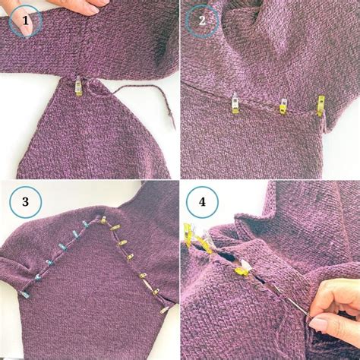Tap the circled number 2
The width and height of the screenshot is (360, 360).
tap(202, 21)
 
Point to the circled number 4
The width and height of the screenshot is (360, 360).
tap(202, 202)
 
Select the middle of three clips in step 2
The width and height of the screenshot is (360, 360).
tap(283, 106)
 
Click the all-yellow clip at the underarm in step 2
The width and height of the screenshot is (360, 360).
tap(321, 105)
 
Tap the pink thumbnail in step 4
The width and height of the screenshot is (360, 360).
tap(317, 326)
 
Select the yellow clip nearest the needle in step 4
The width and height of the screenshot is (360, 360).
tap(242, 267)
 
